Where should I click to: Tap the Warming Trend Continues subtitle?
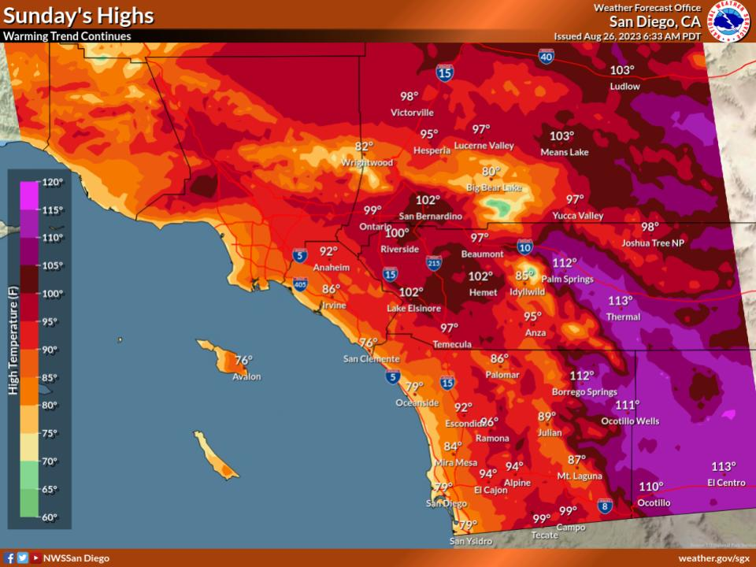(x=67, y=36)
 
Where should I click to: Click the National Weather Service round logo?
(x=729, y=21)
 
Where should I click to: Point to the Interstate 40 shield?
(x=546, y=56)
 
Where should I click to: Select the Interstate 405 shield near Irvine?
(x=300, y=283)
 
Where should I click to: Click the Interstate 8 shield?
(x=605, y=505)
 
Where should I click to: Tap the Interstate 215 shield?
(x=434, y=262)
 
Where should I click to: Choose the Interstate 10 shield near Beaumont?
(x=524, y=247)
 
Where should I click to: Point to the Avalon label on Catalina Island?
(x=246, y=376)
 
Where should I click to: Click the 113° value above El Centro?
(x=723, y=466)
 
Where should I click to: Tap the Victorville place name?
(x=412, y=113)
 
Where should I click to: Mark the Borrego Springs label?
(x=584, y=391)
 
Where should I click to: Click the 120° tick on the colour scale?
(x=51, y=182)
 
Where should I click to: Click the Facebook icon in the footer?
(x=9, y=558)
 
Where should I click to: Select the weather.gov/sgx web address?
(x=713, y=558)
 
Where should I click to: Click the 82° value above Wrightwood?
(x=364, y=146)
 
